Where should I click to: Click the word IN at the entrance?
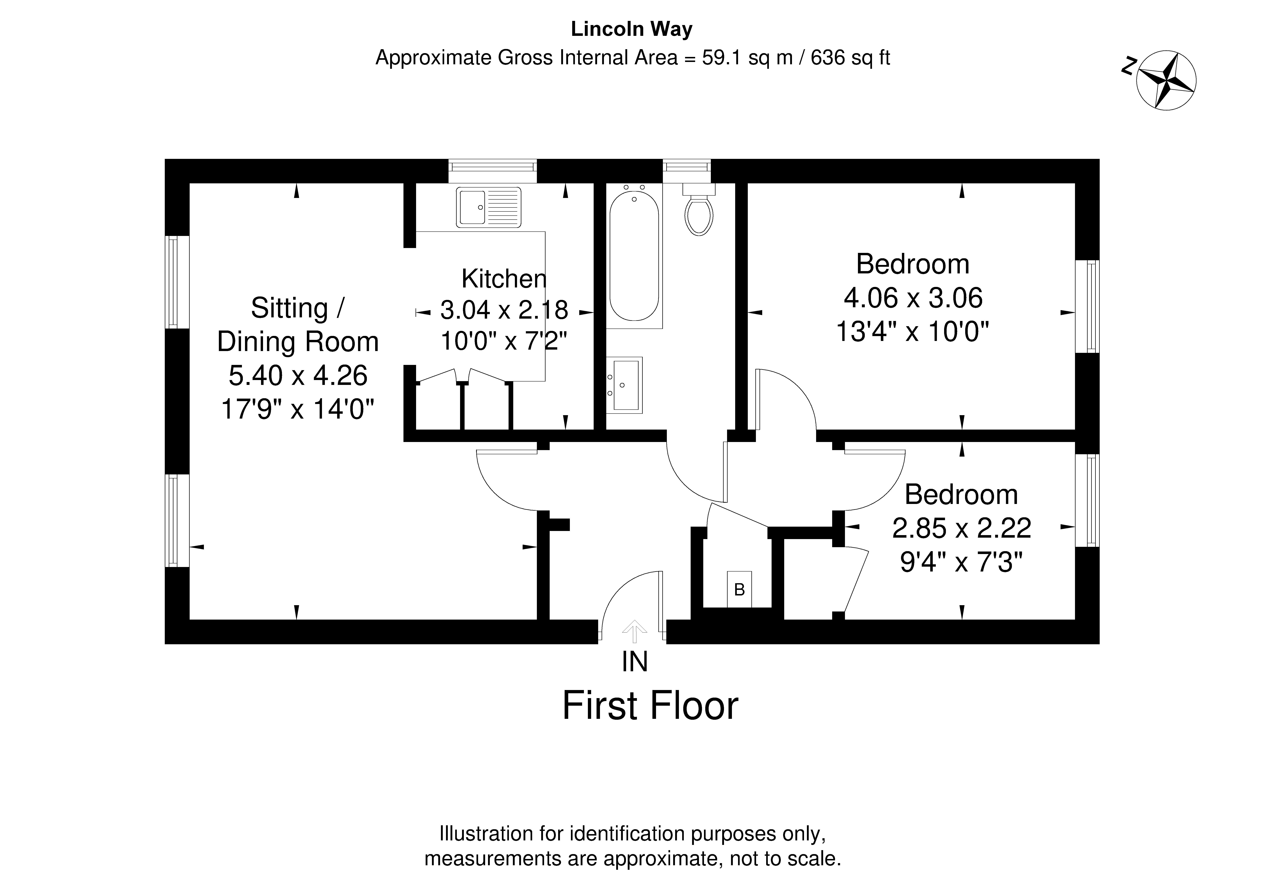635,662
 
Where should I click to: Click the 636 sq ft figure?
850,57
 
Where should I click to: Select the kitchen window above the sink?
493,171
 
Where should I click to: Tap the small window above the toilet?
686,171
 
